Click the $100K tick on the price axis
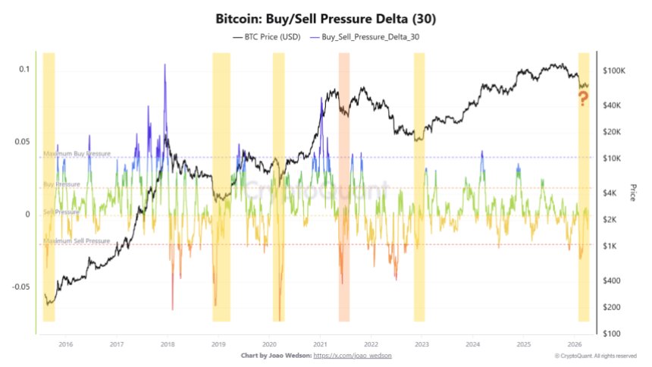click(613, 71)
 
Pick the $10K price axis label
click(612, 158)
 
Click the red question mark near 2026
click(583, 98)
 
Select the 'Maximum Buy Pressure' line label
click(77, 154)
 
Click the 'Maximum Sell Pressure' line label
click(77, 241)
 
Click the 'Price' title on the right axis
click(632, 193)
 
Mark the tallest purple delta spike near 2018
click(165, 67)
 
